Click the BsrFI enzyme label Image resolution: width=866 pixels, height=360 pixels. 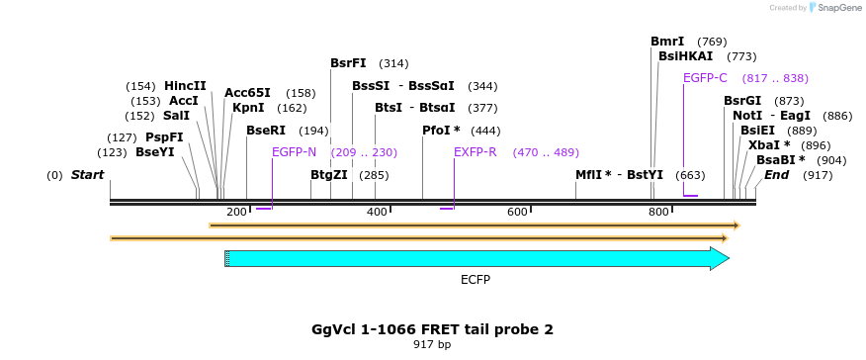point(348,63)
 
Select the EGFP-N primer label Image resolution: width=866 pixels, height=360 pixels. point(294,152)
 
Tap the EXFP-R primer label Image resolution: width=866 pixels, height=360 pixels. point(475,152)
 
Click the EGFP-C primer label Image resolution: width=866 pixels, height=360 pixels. point(705,78)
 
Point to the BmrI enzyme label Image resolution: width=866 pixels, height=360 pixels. point(667,42)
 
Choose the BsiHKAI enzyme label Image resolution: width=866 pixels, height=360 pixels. point(685,56)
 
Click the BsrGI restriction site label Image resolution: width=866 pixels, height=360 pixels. point(742,101)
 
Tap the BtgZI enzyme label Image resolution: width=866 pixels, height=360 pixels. point(329,175)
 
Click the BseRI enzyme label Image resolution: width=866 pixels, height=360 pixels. point(266,131)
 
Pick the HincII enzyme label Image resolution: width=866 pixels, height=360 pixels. point(185,86)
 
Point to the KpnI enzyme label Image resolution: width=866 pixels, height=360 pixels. point(248,108)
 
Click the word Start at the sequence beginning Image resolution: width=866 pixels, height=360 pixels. point(87,175)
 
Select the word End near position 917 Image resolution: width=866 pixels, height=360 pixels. point(777,175)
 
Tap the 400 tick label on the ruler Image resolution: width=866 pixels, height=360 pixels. point(377,213)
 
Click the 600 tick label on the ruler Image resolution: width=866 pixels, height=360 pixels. point(517,213)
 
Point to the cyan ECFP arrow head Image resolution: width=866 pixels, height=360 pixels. point(720,259)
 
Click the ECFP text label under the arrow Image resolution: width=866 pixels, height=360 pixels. point(476,280)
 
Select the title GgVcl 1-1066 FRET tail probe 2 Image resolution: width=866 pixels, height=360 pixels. point(432,329)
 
